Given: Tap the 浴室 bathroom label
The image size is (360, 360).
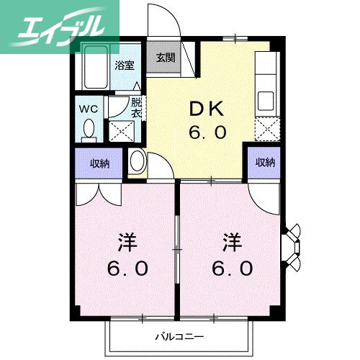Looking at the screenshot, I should point(123,65).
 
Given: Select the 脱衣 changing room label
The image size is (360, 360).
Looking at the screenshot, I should point(136,107).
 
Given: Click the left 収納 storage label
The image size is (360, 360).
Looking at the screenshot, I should point(100,163).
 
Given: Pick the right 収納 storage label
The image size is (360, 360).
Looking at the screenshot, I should point(265,163).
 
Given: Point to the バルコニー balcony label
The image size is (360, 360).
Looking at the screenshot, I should point(179,336).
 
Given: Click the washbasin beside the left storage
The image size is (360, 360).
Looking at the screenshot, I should point(136,162).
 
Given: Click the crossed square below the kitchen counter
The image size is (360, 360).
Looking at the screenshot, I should point(267,130).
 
